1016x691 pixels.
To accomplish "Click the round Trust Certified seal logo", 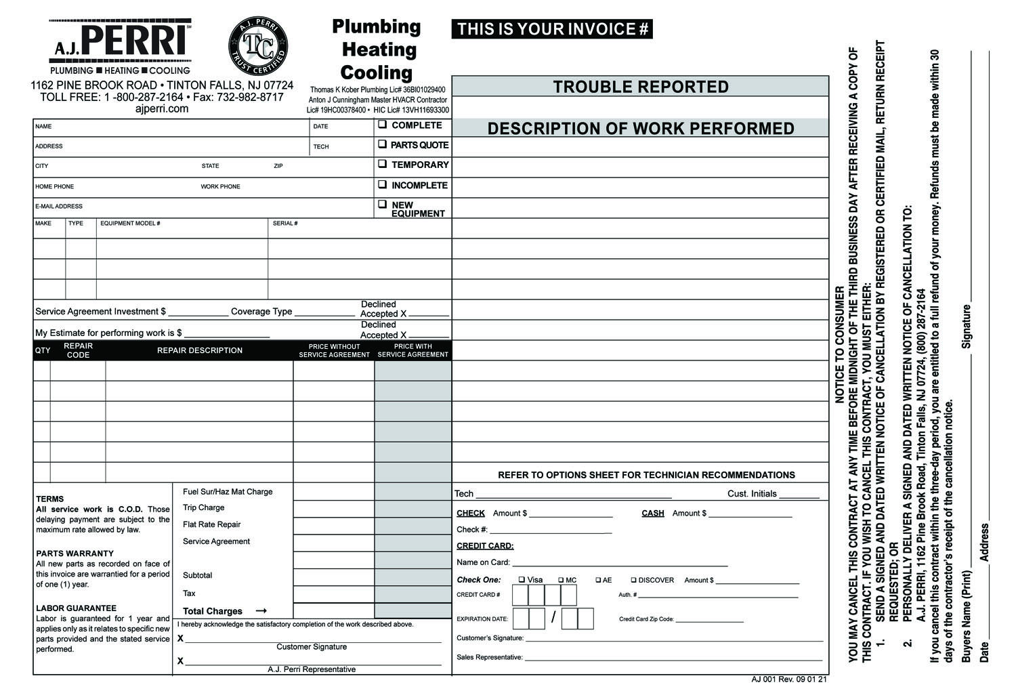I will [258, 46].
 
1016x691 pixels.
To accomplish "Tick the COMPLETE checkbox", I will [383, 125].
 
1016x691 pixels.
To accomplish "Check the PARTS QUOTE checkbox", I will [383, 144].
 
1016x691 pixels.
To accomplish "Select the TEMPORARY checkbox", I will [383, 164].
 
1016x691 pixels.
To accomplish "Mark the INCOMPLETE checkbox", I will [383, 184].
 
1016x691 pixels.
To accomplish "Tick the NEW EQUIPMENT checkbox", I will [383, 204].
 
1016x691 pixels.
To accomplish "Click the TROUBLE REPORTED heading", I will [640, 87].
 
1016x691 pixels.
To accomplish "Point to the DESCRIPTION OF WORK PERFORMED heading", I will [640, 129].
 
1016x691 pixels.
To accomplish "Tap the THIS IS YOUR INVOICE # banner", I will [552, 29].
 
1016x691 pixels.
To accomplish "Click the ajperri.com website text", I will [162, 108].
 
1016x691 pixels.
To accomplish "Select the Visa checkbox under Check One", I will [522, 580].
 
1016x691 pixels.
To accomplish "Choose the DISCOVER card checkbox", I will [633, 580].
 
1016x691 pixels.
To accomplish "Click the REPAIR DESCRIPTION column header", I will [199, 350].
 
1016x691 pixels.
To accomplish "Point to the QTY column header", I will [42, 350].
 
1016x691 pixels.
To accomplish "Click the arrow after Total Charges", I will [261, 611].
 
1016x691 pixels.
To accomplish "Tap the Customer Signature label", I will [312, 647].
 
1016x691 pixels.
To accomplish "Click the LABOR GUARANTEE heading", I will [76, 608].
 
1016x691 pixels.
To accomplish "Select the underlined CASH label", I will [652, 514].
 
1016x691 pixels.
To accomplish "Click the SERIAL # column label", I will [285, 224].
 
